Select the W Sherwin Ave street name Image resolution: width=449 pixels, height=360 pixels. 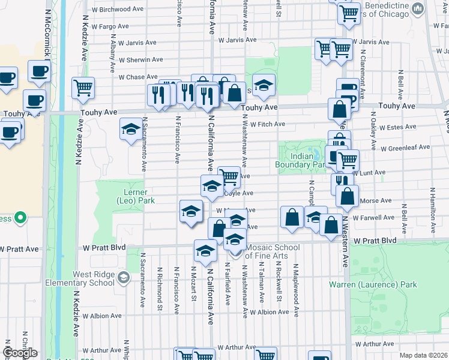[x=140, y=60]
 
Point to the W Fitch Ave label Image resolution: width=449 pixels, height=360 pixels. [x=267, y=125]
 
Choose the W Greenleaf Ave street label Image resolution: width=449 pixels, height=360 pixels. [x=405, y=147]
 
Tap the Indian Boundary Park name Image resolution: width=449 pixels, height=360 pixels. [x=296, y=160]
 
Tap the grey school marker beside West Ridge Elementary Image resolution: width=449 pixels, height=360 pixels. [x=124, y=277]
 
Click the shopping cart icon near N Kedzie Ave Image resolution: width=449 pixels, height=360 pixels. [x=83, y=88]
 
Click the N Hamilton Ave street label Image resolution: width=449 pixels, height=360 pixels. [x=431, y=210]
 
